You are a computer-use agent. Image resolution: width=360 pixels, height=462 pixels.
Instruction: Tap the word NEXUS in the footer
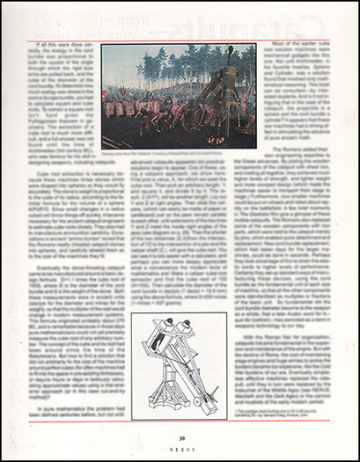click(180, 448)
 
